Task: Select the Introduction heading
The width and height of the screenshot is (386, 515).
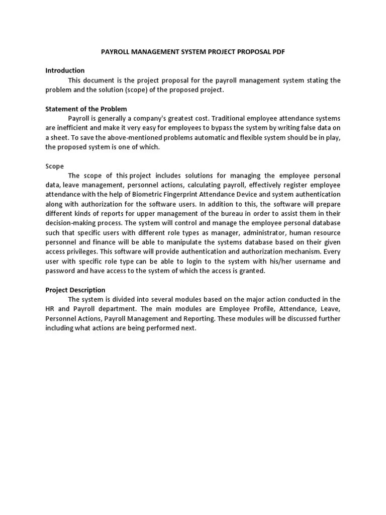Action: point(65,70)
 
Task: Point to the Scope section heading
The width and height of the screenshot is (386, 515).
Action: point(55,166)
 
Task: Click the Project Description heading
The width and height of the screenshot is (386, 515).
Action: point(75,290)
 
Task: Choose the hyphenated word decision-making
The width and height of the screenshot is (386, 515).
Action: point(70,223)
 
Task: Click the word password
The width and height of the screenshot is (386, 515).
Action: point(60,271)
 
